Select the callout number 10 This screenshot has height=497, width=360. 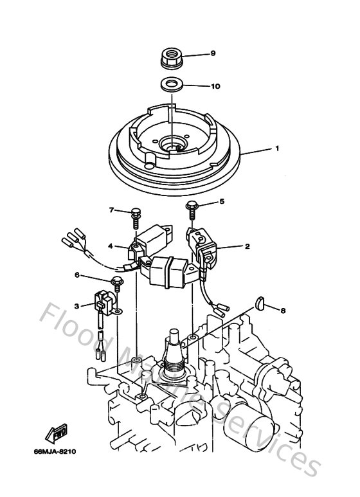click(x=215, y=85)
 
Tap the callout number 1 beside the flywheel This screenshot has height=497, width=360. click(x=276, y=148)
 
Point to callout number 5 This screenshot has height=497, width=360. click(x=222, y=202)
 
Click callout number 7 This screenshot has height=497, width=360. click(x=111, y=210)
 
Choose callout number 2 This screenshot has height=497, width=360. click(x=246, y=246)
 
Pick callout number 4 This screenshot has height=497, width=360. click(x=110, y=246)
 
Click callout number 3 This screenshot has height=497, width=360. click(x=76, y=305)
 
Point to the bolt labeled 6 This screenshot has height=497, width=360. click(x=117, y=283)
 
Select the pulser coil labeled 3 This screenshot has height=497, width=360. click(x=105, y=303)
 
